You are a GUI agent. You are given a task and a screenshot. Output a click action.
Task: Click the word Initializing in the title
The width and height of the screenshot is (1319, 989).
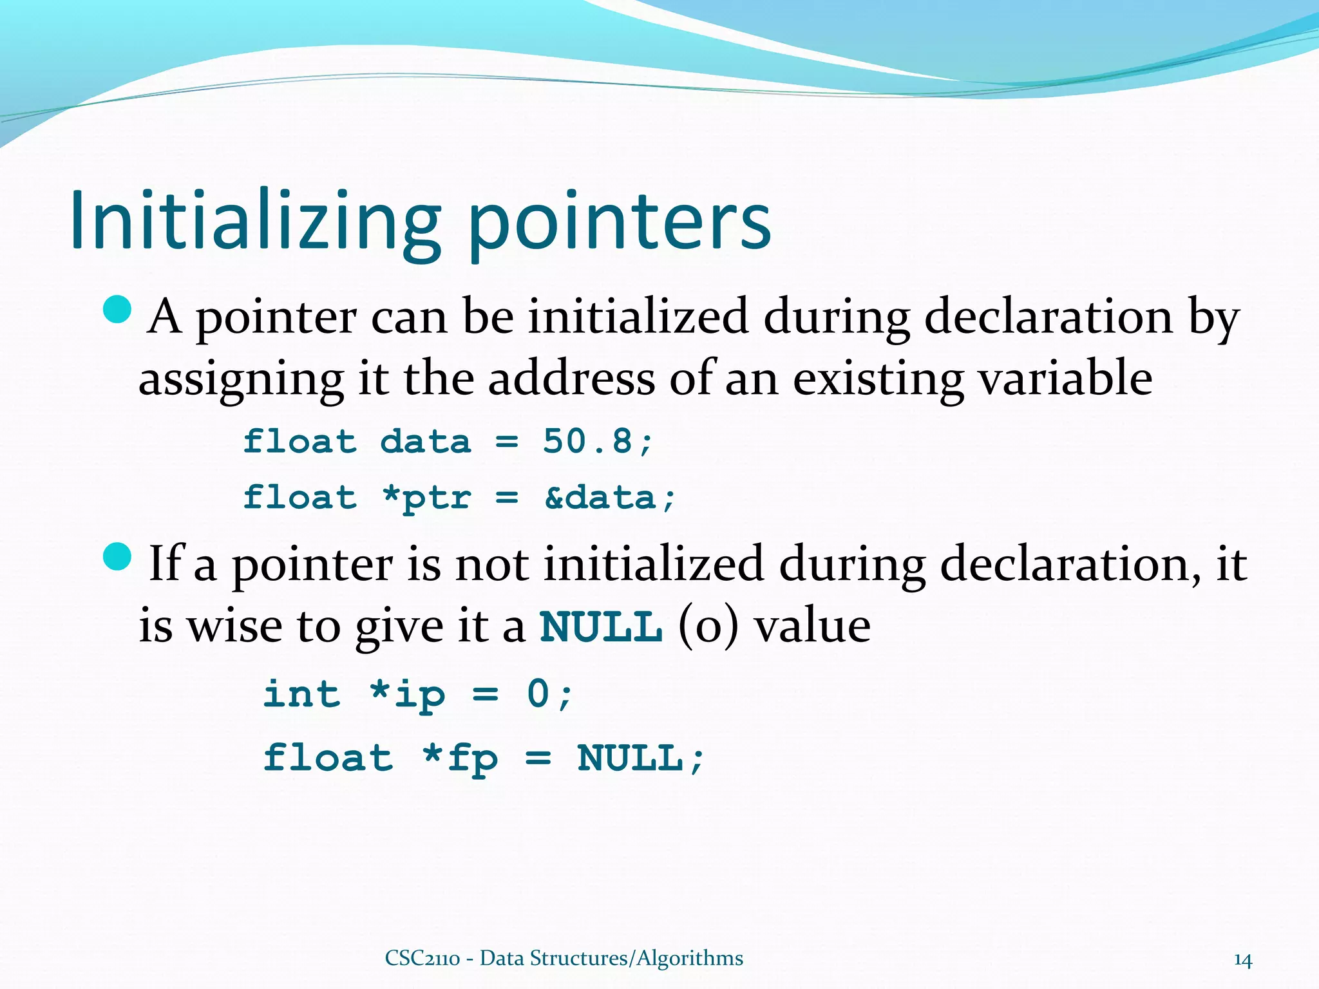tap(254, 222)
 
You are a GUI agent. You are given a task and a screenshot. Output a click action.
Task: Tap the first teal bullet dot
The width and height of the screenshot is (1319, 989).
tap(117, 310)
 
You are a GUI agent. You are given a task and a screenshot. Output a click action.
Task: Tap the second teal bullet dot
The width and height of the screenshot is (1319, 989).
tap(117, 556)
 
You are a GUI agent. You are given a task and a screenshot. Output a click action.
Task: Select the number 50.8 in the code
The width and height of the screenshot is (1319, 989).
tap(587, 442)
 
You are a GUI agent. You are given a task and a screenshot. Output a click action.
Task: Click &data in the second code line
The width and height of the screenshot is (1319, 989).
tap(600, 498)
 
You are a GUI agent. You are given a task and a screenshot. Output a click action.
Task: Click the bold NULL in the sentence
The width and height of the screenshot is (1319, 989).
tap(601, 626)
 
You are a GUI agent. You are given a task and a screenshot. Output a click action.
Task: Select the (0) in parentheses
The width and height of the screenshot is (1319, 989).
tap(707, 626)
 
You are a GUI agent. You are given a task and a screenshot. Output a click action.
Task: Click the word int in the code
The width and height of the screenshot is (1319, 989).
tap(301, 694)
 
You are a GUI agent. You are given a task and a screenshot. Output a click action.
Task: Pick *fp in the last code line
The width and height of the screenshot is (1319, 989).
tap(460, 758)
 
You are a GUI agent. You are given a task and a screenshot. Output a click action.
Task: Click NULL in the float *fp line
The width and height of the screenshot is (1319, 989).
tap(630, 758)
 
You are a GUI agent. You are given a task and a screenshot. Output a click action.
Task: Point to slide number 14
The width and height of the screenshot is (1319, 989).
tap(1242, 960)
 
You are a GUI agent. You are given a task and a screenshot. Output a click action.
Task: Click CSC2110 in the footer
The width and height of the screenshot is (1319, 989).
tap(422, 958)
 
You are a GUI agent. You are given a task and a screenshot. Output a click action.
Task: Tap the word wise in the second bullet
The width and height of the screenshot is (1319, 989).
tap(234, 626)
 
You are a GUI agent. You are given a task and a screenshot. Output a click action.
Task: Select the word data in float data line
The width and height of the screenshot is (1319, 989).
tap(425, 442)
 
